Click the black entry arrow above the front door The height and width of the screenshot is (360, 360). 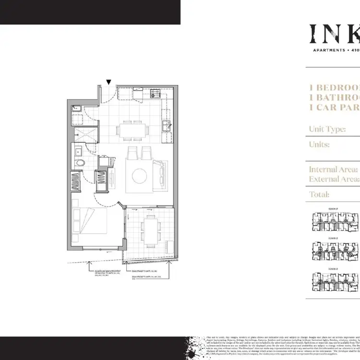point(109,83)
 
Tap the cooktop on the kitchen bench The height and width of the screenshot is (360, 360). point(156,93)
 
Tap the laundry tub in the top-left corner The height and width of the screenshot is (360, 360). point(75,109)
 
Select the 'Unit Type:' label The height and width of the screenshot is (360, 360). point(328,129)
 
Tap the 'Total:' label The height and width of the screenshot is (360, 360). point(319,194)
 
